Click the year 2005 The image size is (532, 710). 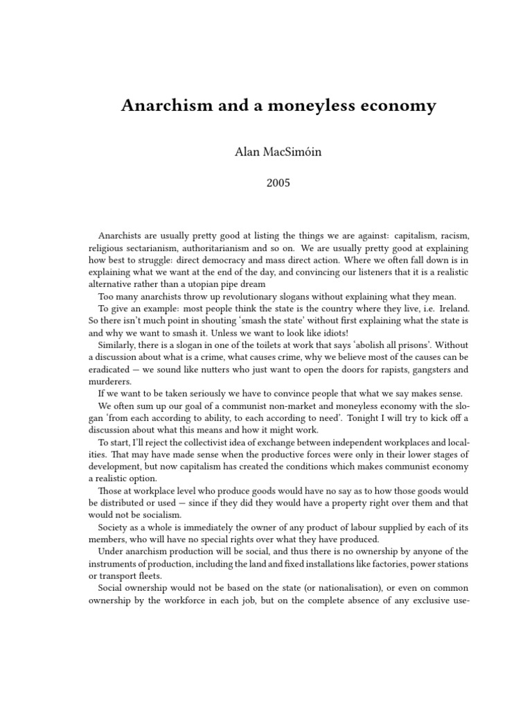point(266,184)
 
